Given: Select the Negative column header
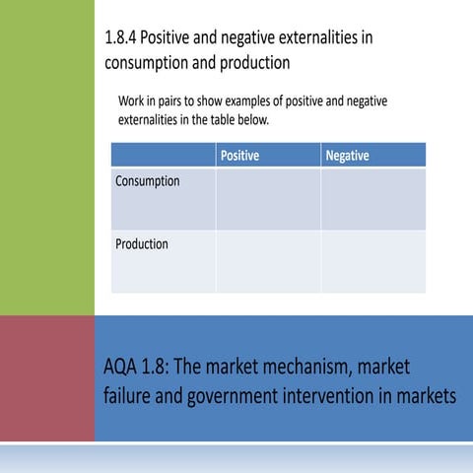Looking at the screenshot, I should (347, 156).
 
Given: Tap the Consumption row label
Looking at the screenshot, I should (148, 181).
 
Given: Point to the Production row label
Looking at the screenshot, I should (142, 243).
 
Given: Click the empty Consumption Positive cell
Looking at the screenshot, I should (268, 199).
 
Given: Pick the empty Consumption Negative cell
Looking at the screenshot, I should (372, 199).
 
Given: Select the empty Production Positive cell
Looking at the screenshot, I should (268, 261).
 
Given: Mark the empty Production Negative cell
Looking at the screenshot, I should (372, 261).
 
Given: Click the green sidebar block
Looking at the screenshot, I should (46, 158).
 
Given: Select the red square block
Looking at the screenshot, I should (46, 378).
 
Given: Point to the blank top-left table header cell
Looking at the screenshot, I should (163, 156).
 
